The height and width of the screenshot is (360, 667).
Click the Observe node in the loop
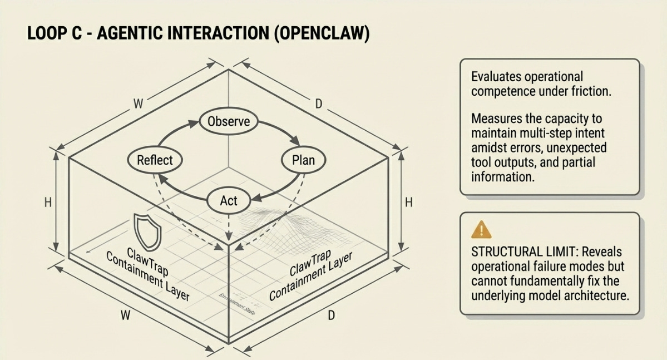(x=229, y=122)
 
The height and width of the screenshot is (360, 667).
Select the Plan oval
(x=303, y=160)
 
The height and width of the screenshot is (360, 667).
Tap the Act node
(x=229, y=201)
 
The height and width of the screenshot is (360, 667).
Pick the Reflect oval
(x=155, y=160)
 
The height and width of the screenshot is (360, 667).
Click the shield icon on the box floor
(x=147, y=231)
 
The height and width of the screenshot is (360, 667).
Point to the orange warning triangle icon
(x=481, y=229)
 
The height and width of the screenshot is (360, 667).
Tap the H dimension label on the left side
(x=48, y=203)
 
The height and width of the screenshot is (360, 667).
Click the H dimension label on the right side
(x=409, y=203)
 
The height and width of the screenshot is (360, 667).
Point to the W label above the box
(x=138, y=104)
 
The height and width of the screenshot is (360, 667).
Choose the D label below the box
(x=331, y=316)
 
